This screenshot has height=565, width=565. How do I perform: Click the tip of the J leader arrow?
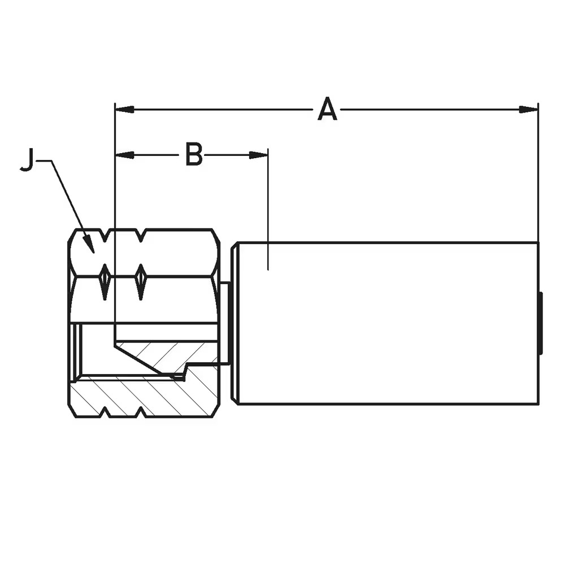pos(93,253)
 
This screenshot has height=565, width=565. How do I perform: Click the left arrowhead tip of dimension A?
pos(115,109)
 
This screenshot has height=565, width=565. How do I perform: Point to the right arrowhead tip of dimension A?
pos(538,109)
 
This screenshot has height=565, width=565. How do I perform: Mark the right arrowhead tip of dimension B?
pos(268,155)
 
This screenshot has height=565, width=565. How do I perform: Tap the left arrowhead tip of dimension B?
pos(115,155)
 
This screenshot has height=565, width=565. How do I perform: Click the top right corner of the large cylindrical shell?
pos(538,242)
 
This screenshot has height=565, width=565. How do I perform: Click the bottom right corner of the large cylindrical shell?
pos(538,405)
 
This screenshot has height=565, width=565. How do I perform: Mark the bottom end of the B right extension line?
pos(268,270)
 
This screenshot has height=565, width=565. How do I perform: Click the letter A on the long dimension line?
pos(328,108)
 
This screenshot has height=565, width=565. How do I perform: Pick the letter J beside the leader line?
pos(27,160)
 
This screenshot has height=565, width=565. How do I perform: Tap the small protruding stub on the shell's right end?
pos(541,323)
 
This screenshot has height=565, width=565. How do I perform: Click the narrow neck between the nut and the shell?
pos(224,323)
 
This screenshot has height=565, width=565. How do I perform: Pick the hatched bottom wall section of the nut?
pos(144,397)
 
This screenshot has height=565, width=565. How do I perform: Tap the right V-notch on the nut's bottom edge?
pos(141,413)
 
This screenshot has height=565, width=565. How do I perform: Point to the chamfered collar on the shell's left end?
pos(234,323)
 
